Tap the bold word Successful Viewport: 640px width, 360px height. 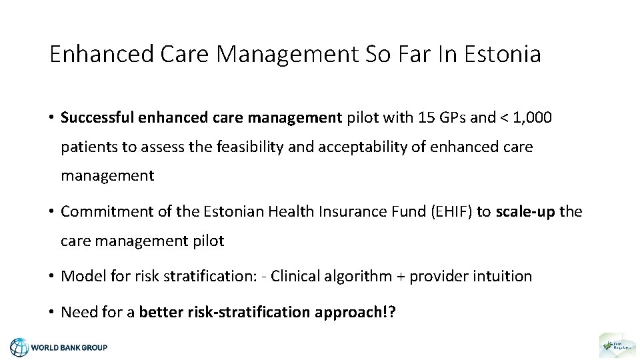coord(97,118)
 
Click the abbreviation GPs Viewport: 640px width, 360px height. coord(451,118)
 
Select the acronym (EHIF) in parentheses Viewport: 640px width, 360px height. coord(450,211)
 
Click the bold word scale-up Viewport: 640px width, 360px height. coord(525,211)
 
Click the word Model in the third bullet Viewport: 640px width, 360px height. coord(79,276)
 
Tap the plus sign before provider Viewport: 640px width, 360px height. coord(400,276)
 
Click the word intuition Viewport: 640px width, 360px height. coord(501,276)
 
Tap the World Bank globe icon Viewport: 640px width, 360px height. coord(19,347)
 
